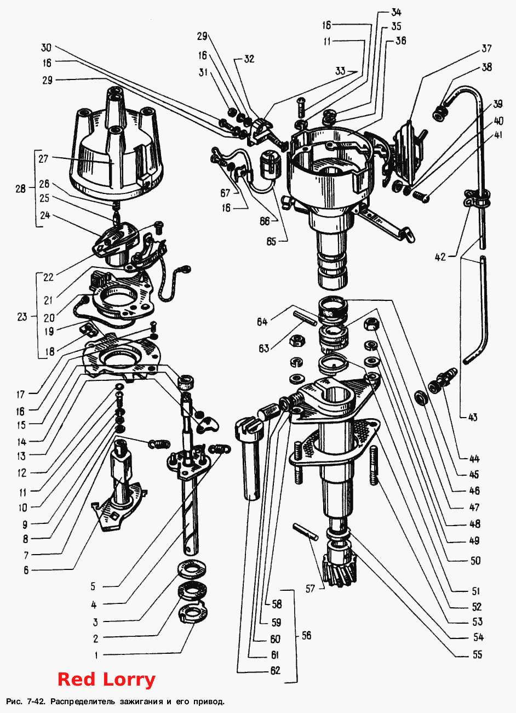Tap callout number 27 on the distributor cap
coord(44,158)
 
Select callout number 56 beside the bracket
coord(306,636)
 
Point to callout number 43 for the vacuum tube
coord(473,417)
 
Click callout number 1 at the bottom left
coord(96,655)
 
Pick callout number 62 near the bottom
coord(275,670)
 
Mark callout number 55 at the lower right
coord(477,654)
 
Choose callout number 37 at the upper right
coord(486,48)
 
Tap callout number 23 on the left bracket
coord(22,317)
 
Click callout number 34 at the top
coord(396,12)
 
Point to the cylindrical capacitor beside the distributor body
coord(271,164)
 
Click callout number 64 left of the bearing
coord(262,322)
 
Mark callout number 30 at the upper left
coord(46,48)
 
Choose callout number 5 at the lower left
coord(93,586)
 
